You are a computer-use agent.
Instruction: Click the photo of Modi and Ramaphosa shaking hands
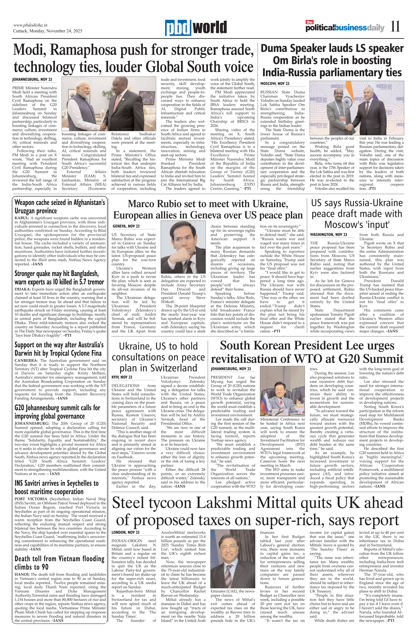pos(109,104)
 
